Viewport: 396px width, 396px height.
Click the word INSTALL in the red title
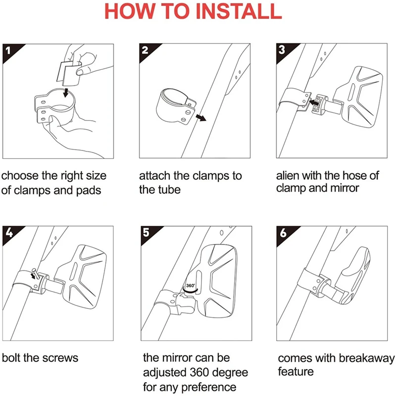click(239, 11)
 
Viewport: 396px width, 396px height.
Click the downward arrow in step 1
click(66, 93)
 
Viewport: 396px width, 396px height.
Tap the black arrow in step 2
click(201, 118)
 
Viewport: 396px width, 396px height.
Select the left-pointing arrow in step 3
click(314, 102)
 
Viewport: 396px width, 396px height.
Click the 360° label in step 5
click(191, 286)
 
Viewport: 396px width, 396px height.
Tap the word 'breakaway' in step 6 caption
click(366, 358)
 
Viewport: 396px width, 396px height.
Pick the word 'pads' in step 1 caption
click(89, 191)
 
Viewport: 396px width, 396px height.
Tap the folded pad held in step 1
click(68, 73)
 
